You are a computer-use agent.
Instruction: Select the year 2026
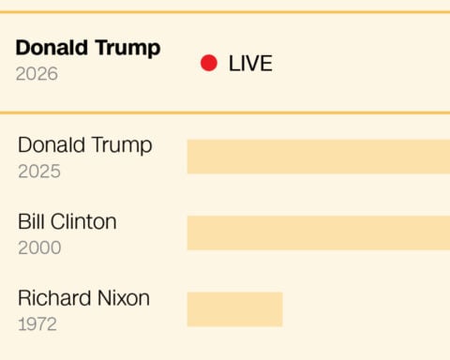37,73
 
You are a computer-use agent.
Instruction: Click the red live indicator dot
209,63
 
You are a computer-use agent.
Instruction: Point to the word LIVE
250,64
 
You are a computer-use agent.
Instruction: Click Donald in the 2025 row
51,145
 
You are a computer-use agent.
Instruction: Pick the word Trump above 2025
121,145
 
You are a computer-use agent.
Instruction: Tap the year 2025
38,172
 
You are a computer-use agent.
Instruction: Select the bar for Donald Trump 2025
318,157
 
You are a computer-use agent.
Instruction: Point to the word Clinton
82,222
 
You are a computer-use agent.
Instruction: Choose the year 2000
39,247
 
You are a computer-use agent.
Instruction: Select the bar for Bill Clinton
318,232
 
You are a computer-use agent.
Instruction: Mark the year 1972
37,324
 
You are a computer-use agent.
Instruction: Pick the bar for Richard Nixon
234,309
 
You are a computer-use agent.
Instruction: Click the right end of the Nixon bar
280,309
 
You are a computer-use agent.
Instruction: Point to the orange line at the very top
225,12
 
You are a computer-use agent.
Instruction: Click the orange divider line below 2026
225,113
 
